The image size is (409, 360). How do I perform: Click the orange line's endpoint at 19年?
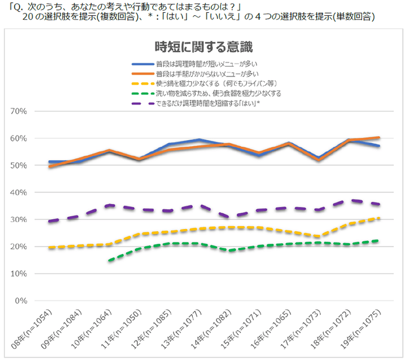click(380, 137)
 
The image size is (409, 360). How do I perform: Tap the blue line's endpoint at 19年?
click(380, 146)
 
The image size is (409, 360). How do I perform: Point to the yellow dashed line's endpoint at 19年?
click(380, 218)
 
